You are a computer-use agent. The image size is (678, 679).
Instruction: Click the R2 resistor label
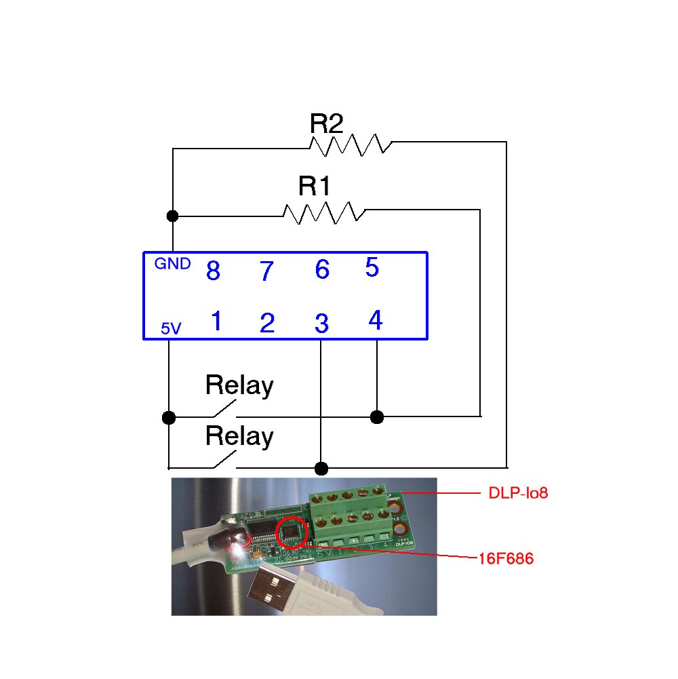pyautogui.click(x=327, y=123)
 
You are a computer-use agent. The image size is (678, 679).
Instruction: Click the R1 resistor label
pyautogui.click(x=315, y=186)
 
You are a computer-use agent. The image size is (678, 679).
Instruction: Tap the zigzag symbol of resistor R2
pyautogui.click(x=351, y=144)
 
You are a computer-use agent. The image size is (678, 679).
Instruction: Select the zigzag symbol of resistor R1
pyautogui.click(x=324, y=212)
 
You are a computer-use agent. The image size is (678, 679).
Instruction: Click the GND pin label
pyautogui.click(x=172, y=264)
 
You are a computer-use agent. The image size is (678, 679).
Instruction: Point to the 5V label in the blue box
pyautogui.click(x=171, y=329)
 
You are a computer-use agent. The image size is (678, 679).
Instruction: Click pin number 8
pyautogui.click(x=213, y=271)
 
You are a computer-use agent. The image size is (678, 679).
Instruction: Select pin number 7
pyautogui.click(x=266, y=272)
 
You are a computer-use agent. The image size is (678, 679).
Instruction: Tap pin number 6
pyautogui.click(x=322, y=270)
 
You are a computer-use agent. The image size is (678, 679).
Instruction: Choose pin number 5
pyautogui.click(x=372, y=267)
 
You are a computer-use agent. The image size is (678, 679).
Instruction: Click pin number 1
pyautogui.click(x=216, y=322)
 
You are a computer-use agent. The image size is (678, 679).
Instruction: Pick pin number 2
pyautogui.click(x=267, y=324)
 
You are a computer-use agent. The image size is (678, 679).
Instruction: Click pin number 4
pyautogui.click(x=375, y=320)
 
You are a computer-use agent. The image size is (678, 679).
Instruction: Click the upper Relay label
pyautogui.click(x=239, y=386)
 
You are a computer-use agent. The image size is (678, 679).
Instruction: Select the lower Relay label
pyautogui.click(x=239, y=436)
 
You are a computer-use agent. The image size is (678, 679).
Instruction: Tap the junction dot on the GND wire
pyautogui.click(x=173, y=216)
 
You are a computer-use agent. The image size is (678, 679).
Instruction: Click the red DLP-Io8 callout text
pyautogui.click(x=518, y=493)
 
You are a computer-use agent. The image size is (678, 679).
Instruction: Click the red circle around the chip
pyautogui.click(x=294, y=532)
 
